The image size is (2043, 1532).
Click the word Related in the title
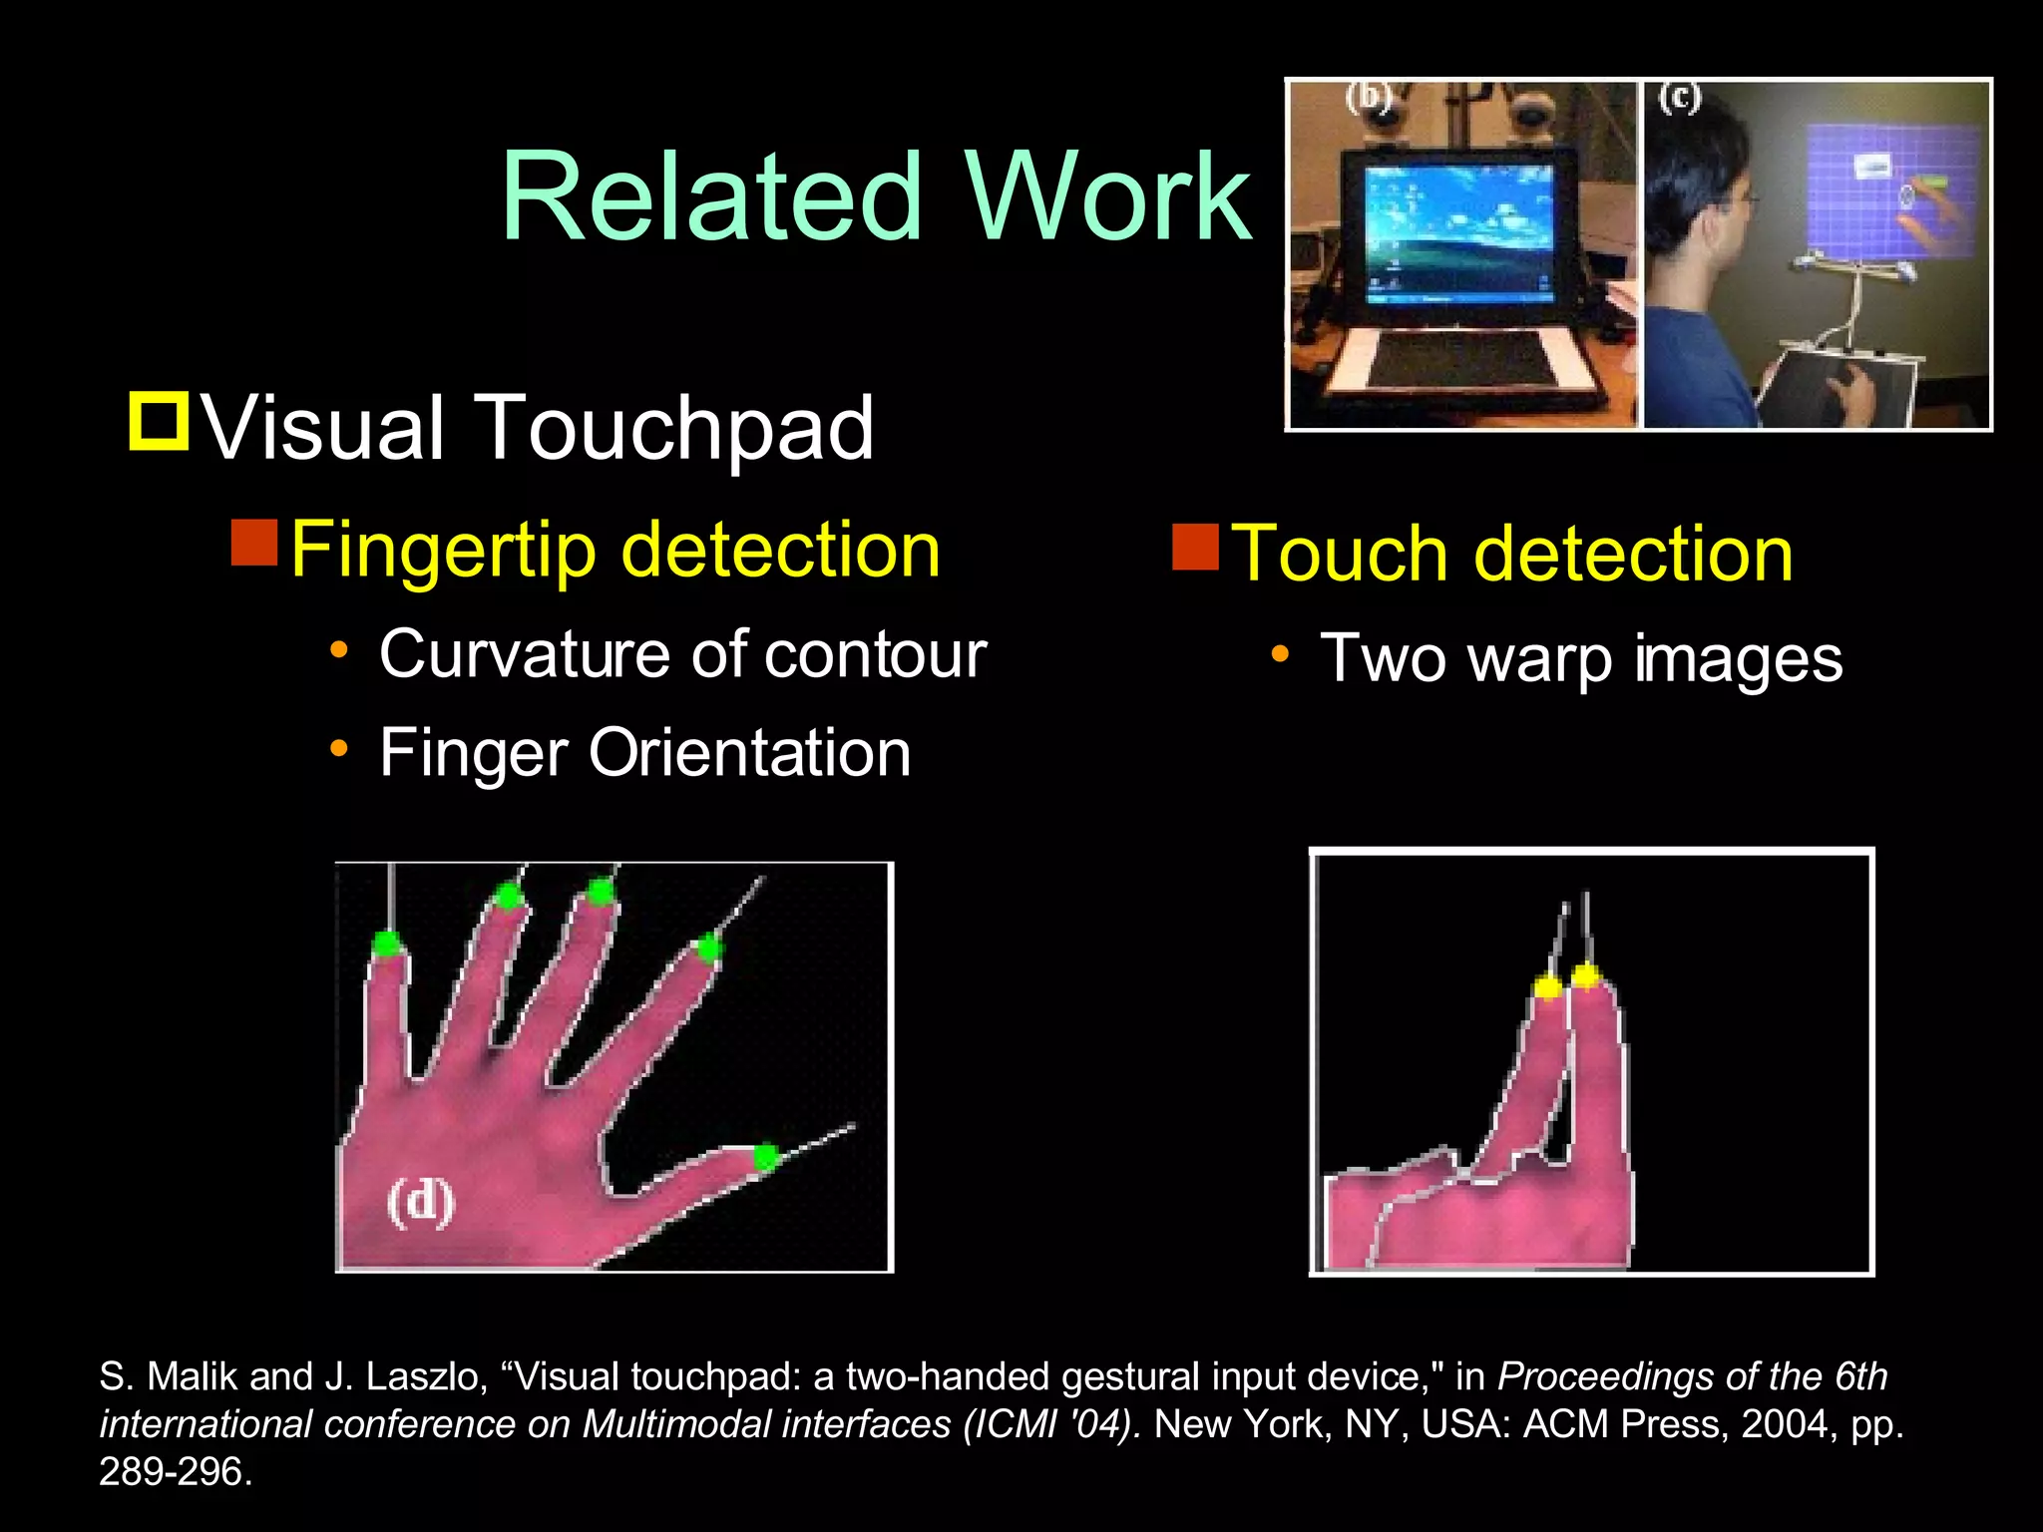[x=710, y=196]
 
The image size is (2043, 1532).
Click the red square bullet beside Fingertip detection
[x=253, y=542]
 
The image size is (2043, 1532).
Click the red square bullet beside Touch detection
[x=1195, y=546]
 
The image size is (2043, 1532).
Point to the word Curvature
[x=525, y=655]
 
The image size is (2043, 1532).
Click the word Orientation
[x=749, y=752]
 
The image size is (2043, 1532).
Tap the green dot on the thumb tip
[x=765, y=1158]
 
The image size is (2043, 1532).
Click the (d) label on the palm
[x=421, y=1201]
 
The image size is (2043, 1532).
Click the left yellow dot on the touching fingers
[x=1547, y=986]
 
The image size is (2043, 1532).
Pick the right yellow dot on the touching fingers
[x=1586, y=974]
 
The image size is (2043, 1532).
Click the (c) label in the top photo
[x=1679, y=99]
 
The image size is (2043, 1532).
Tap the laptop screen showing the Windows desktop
[x=1458, y=232]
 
